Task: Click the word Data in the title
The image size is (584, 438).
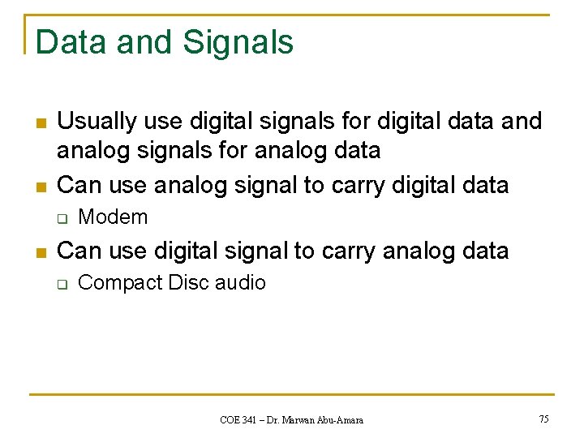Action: tap(71, 41)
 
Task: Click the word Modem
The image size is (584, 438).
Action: tap(113, 217)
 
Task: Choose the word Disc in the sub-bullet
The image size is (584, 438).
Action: tap(187, 283)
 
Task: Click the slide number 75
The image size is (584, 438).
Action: tap(543, 419)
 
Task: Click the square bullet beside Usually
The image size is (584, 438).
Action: tap(41, 123)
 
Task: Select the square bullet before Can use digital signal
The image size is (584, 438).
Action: tap(41, 252)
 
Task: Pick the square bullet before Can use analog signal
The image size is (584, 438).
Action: tap(41, 187)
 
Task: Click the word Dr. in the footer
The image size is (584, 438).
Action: tap(276, 420)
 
